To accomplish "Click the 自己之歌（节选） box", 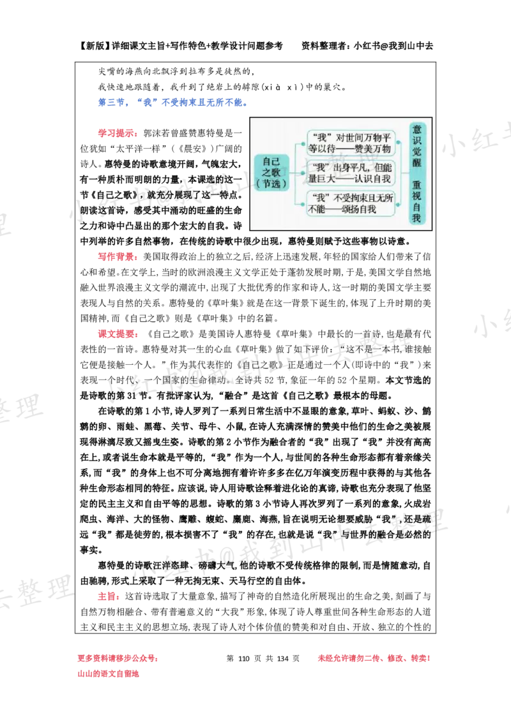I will [x=271, y=172].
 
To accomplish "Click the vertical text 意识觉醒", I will [x=417, y=145].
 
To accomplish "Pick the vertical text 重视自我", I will [x=417, y=201].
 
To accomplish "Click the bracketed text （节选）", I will [x=271, y=184].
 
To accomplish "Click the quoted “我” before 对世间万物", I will [x=320, y=137].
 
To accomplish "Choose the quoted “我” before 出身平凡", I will [x=320, y=167].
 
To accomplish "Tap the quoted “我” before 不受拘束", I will [x=320, y=197].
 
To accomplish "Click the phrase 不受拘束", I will [x=354, y=197].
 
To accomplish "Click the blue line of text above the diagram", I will [x=172, y=102].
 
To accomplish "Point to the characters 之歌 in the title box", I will [x=271, y=172].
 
